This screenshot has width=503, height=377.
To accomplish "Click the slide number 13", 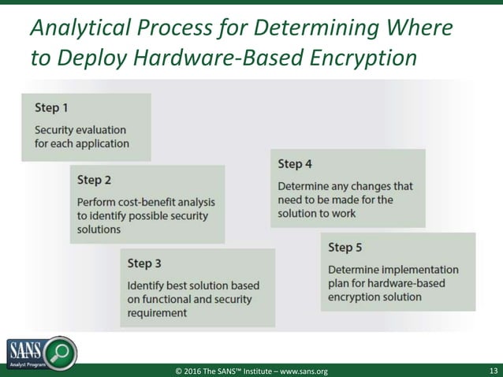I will point(493,371).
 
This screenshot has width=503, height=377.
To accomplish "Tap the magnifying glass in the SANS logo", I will point(59,351).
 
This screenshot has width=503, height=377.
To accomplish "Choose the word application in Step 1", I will point(102,144).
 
